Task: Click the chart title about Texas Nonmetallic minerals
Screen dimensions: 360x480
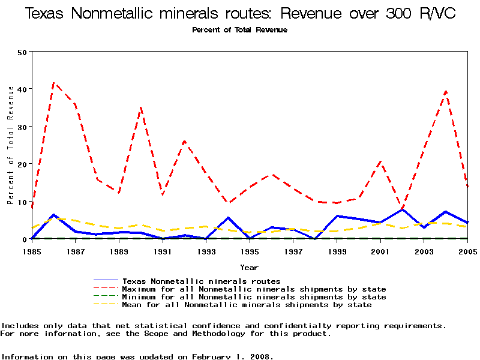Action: pyautogui.click(x=240, y=13)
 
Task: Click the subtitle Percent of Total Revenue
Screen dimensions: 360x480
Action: pyautogui.click(x=240, y=30)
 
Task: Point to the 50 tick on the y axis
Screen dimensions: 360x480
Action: pyautogui.click(x=23, y=52)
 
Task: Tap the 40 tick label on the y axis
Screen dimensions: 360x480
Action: pyautogui.click(x=23, y=89)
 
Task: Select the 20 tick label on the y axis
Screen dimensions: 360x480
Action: pyautogui.click(x=23, y=164)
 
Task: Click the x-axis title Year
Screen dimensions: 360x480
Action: pyautogui.click(x=250, y=267)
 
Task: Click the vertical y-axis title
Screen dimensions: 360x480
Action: pyautogui.click(x=11, y=145)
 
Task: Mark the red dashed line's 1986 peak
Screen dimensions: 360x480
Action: pyautogui.click(x=54, y=83)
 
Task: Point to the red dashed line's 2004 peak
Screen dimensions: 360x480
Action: pyautogui.click(x=446, y=91)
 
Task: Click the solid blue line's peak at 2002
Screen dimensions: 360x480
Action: pyautogui.click(x=402, y=209)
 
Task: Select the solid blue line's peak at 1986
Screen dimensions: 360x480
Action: pyautogui.click(x=54, y=214)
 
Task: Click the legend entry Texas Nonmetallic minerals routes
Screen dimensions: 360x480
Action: pyautogui.click(x=201, y=281)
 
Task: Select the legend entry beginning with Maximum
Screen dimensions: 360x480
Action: pyautogui.click(x=254, y=289)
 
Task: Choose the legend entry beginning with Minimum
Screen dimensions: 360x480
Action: pyautogui.click(x=254, y=297)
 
